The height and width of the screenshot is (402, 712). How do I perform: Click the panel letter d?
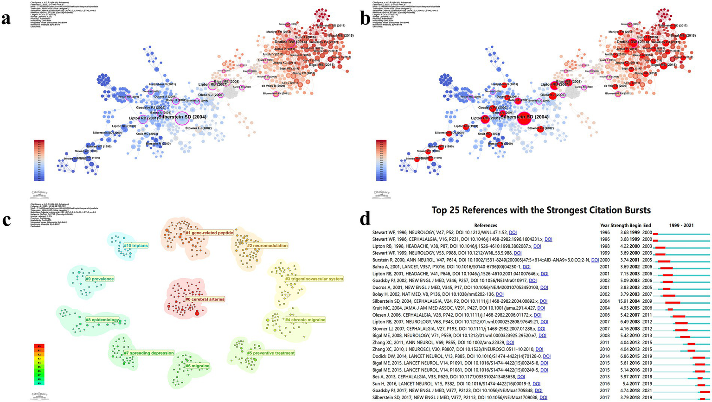pos(366,218)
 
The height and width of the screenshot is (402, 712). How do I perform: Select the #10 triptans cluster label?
pos(135,245)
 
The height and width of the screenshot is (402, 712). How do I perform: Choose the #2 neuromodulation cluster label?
pos(267,245)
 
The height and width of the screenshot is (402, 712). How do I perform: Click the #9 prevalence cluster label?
pos(99,279)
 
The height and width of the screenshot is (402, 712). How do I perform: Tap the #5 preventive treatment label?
pos(270,353)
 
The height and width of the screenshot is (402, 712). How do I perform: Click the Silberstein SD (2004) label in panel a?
pos(182,117)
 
